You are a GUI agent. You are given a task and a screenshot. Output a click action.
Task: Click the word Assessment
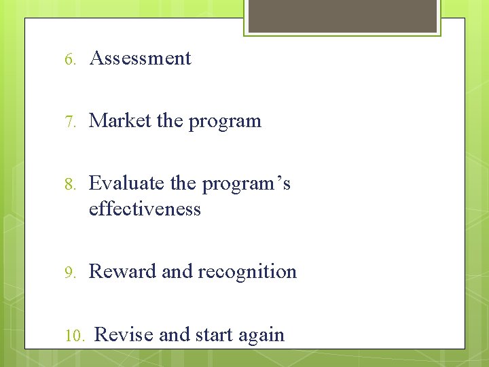pos(140,58)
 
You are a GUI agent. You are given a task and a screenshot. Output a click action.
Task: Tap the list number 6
pos(70,59)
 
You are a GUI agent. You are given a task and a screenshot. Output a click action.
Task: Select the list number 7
pos(70,122)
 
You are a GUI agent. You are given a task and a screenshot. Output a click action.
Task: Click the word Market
pos(120,121)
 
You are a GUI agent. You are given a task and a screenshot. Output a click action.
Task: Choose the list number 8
pos(70,184)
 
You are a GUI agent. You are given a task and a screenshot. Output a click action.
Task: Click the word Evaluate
pos(126,183)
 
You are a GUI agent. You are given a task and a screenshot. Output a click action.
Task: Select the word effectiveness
pos(145,209)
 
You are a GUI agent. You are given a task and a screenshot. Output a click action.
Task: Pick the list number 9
pos(70,273)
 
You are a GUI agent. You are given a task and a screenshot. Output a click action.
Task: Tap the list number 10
pos(74,336)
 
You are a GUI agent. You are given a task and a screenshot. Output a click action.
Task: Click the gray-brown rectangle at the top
pos(342,15)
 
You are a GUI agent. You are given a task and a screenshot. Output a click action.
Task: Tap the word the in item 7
pos(170,121)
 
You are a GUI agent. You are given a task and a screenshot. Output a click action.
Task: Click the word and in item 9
pos(177,272)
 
